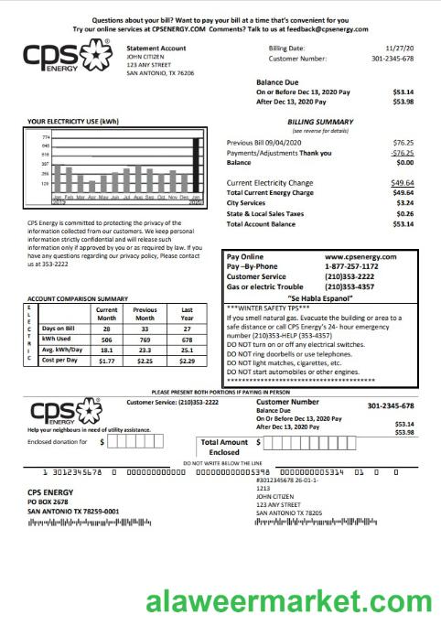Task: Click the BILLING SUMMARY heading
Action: tap(320, 121)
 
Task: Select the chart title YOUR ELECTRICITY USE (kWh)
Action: tap(73, 121)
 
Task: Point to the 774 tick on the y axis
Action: tap(46, 137)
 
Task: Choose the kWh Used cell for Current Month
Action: tap(106, 338)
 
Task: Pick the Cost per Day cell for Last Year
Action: tap(187, 361)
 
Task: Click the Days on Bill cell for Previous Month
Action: tap(145, 327)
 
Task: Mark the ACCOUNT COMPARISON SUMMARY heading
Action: tap(79, 299)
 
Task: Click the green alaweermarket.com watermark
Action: tap(290, 602)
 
